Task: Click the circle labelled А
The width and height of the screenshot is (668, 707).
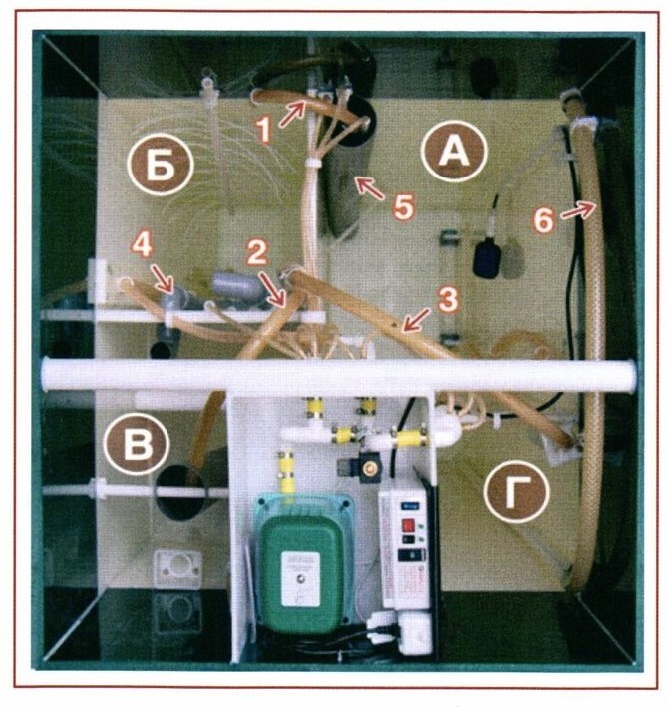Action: pos(454,152)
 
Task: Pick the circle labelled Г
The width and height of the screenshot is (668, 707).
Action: pos(516,491)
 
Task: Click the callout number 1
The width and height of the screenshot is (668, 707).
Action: pos(263,130)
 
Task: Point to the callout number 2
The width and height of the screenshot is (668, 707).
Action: pos(257,253)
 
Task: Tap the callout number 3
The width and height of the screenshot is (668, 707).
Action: pos(448,300)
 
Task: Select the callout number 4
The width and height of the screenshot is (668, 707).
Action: pos(143,246)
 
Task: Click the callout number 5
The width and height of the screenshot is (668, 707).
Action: pos(403,207)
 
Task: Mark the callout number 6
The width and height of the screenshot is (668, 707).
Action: pos(543,221)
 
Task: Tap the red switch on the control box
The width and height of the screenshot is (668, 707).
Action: pos(408,525)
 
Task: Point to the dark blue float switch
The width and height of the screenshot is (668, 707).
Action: pos(486,258)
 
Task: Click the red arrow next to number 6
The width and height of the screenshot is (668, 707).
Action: pos(578,209)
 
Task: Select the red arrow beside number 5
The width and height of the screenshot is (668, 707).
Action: pos(371,188)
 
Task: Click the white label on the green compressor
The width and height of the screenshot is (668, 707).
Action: pos(301,579)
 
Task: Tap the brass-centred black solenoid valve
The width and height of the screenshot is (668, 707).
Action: pos(369,469)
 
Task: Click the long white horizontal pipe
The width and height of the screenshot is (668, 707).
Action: pos(339,374)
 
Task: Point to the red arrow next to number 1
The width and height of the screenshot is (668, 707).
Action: pos(292,114)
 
